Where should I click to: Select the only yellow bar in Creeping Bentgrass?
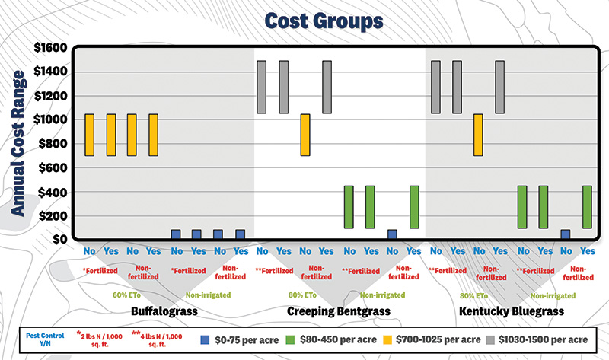click(x=305, y=135)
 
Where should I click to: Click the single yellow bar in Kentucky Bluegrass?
click(x=479, y=135)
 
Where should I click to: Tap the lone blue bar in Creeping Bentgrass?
click(x=392, y=234)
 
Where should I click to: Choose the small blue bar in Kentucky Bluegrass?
click(x=566, y=234)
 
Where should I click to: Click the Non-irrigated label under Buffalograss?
click(x=209, y=294)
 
